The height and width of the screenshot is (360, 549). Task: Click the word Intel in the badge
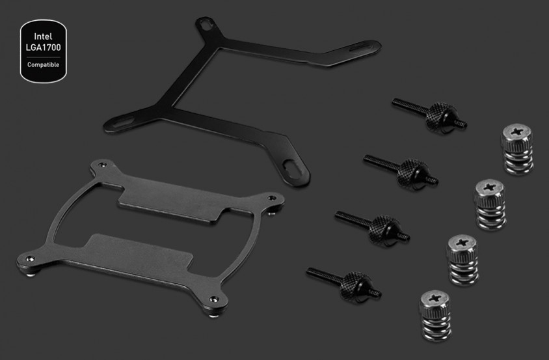coord(43,36)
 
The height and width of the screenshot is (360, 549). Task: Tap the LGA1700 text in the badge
coord(43,48)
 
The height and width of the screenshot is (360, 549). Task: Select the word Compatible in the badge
coord(43,65)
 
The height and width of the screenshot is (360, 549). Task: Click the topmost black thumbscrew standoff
coord(429,115)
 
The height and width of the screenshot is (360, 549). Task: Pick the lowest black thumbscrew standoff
coord(344,284)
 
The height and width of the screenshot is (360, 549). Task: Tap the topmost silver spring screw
coord(516,148)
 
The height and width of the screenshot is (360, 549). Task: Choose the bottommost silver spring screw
coord(435,316)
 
